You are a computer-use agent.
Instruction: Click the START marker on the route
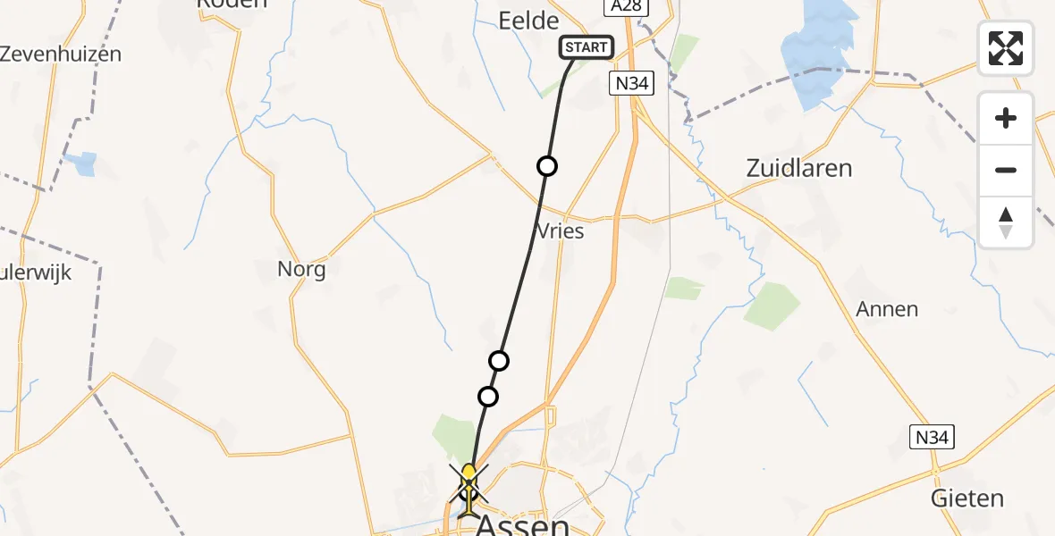(587, 47)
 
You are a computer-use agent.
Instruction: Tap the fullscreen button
(1006, 48)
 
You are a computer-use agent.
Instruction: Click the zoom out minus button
(1006, 170)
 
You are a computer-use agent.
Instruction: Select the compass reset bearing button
(1006, 222)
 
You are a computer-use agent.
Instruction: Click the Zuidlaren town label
(798, 168)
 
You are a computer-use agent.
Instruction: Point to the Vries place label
(561, 231)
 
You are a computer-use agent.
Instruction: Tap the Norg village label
(301, 269)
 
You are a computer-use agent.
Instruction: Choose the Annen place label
(887, 309)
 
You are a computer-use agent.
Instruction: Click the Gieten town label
(967, 498)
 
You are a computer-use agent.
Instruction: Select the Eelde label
(527, 21)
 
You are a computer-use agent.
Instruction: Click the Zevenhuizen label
(61, 54)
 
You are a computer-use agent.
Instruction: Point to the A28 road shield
(626, 7)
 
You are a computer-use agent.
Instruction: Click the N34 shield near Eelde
(634, 85)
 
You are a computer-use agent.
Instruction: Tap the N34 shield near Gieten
(933, 438)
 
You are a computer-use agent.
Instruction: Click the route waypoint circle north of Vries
(546, 166)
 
